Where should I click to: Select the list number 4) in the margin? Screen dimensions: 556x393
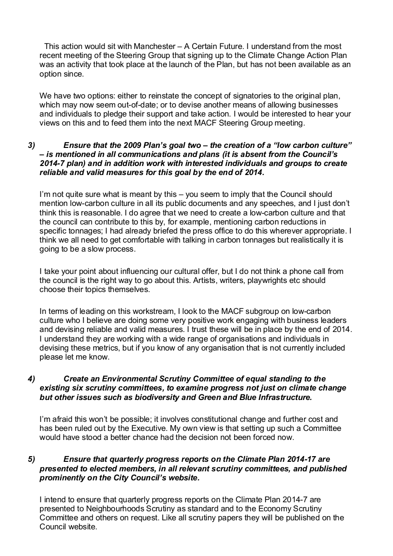click(x=31, y=379)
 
